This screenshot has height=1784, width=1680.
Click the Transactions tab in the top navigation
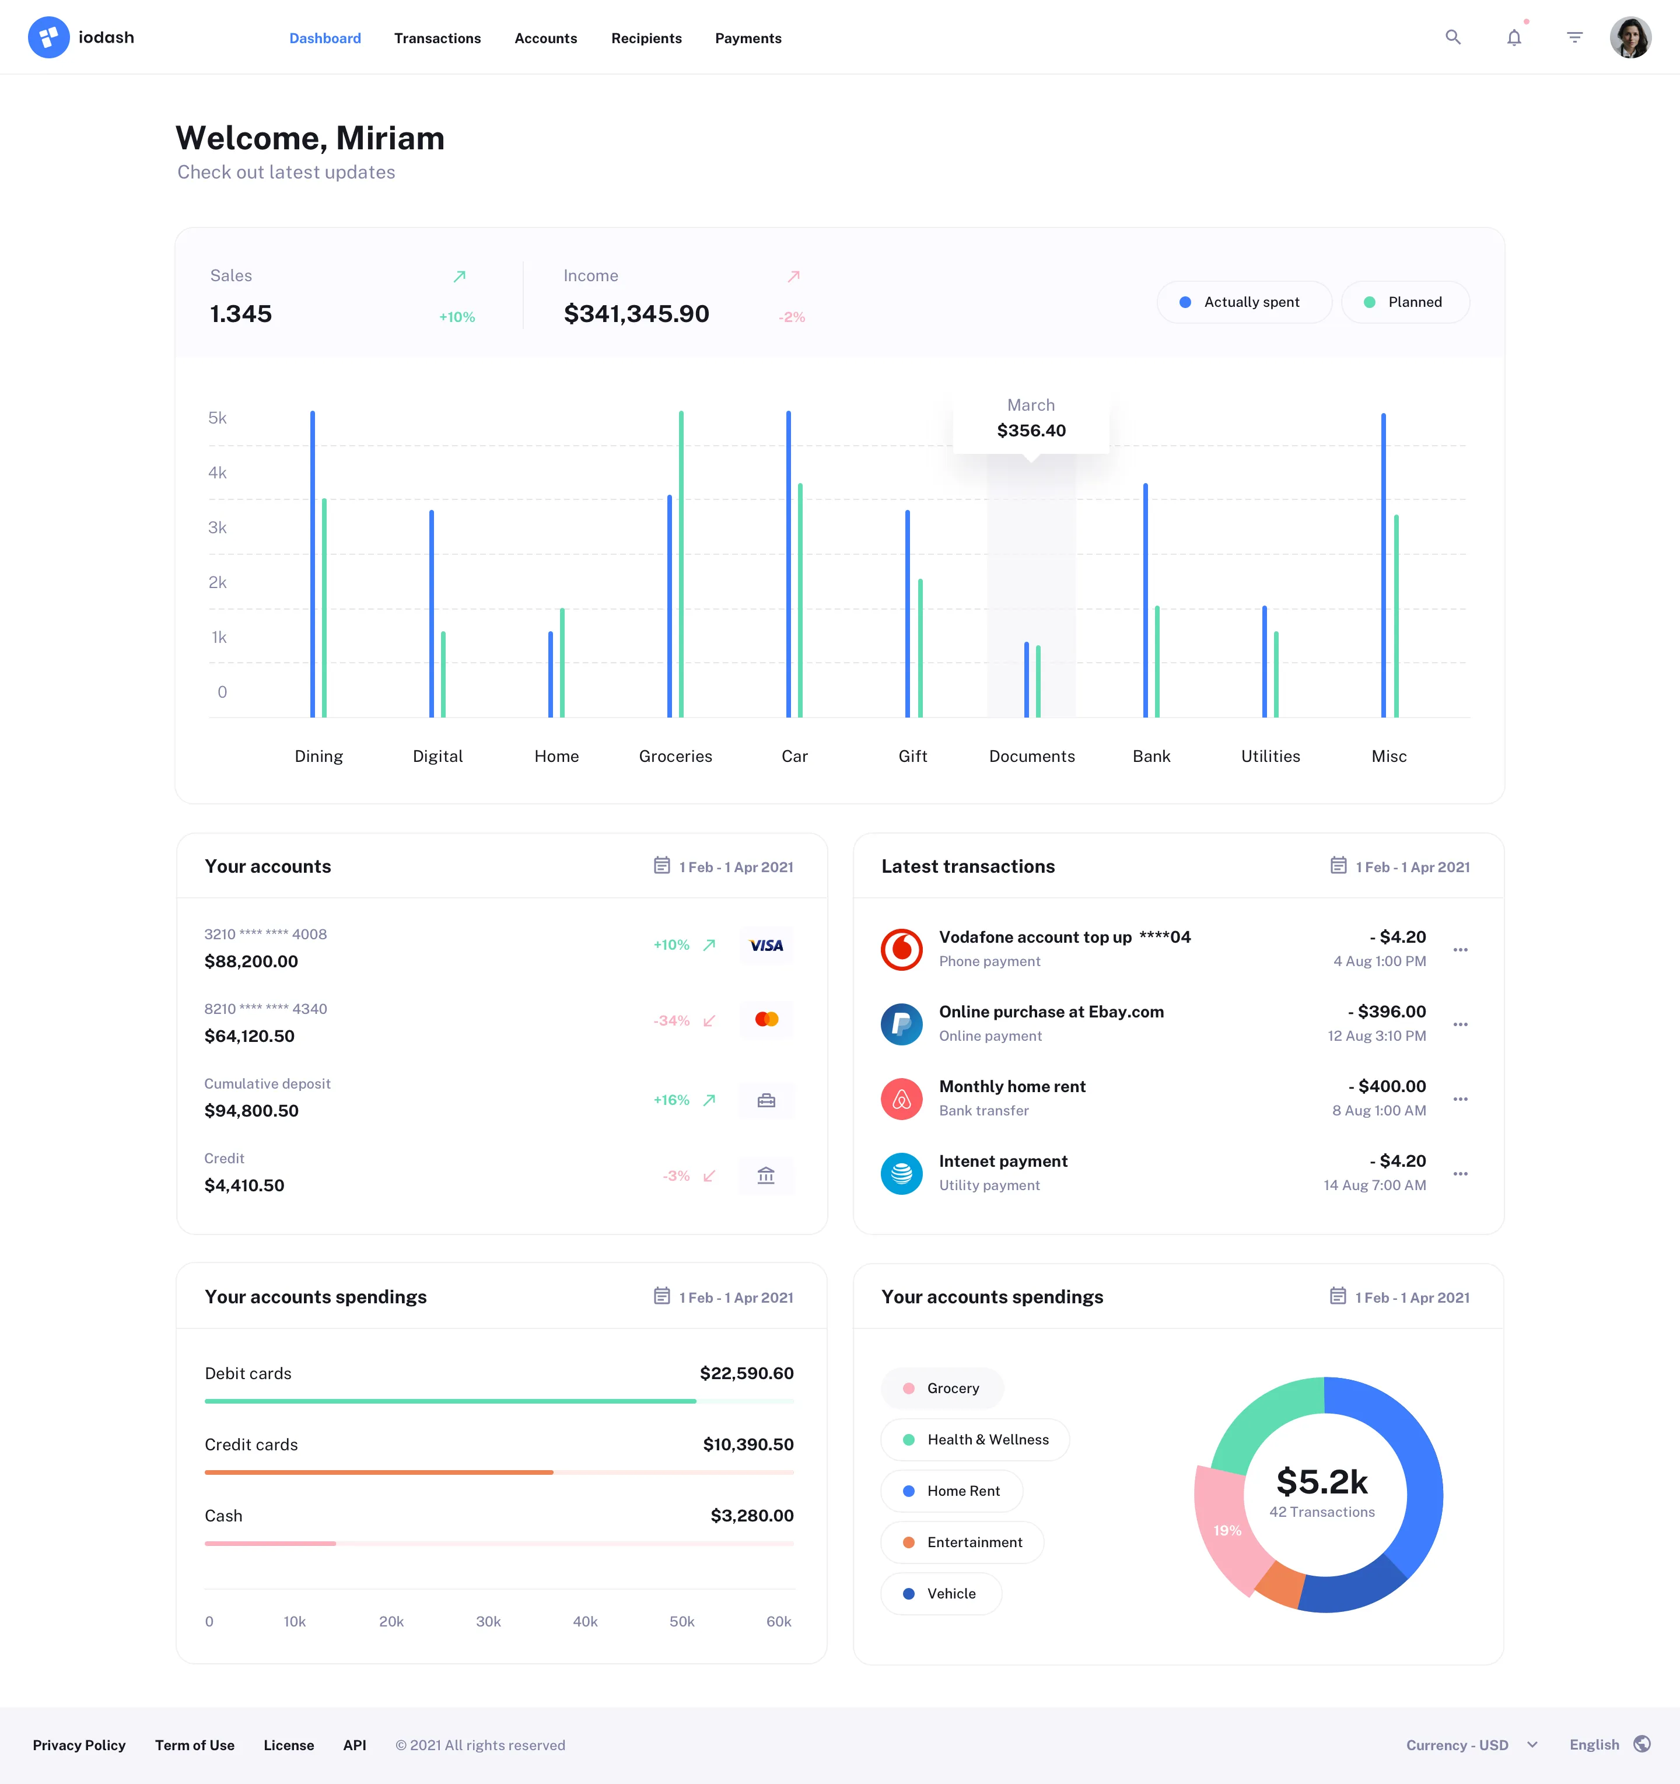(437, 39)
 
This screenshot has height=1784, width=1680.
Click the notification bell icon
(1514, 38)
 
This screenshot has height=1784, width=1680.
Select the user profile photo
(1630, 38)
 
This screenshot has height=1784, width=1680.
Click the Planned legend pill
(1405, 302)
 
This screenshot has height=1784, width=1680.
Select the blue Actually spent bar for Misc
(1383, 565)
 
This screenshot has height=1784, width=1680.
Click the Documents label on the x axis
(1031, 757)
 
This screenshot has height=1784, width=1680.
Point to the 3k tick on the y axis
(217, 527)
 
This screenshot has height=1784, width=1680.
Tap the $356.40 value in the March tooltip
(1031, 431)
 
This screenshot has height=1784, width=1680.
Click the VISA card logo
(766, 946)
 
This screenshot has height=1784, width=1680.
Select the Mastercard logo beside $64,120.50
(766, 1019)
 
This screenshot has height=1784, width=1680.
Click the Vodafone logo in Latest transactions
(901, 949)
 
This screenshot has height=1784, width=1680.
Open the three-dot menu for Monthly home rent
(1460, 1099)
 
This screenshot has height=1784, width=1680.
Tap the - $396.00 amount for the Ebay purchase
(1387, 1012)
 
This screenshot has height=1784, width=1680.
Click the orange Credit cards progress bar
(379, 1472)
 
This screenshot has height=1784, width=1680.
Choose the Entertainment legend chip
(962, 1542)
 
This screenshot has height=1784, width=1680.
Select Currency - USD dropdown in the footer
(1471, 1745)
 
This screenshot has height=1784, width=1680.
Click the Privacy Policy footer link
(79, 1745)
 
